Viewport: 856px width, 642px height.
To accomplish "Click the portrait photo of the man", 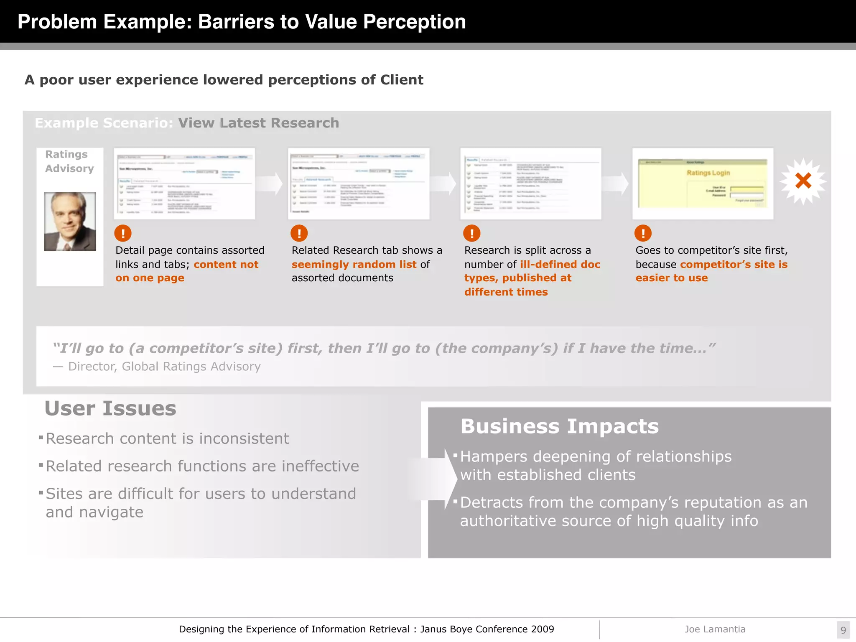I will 70,222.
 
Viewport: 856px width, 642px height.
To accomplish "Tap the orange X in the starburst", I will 803,181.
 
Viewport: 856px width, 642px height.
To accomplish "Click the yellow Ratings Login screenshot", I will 703,183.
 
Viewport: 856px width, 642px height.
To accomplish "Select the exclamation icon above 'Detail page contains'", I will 123,233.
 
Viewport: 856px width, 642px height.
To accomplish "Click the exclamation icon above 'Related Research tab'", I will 299,233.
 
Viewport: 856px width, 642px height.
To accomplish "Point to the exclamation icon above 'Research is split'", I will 472,233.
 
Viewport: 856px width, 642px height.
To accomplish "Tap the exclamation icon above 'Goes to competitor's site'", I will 643,233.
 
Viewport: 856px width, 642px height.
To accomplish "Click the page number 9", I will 843,630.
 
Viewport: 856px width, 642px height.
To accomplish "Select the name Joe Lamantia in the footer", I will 715,629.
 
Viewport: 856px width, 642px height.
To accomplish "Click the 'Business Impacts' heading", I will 559,426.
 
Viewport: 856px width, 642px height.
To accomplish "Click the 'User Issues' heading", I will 110,408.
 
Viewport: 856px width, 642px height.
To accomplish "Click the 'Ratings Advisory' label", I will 69,161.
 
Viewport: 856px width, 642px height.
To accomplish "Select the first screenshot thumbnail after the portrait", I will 184,183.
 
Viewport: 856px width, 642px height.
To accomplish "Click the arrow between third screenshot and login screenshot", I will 616,183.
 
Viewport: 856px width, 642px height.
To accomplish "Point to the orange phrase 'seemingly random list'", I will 354,264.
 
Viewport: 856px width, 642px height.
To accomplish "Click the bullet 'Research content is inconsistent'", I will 167,438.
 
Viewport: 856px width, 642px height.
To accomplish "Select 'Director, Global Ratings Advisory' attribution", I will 164,366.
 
